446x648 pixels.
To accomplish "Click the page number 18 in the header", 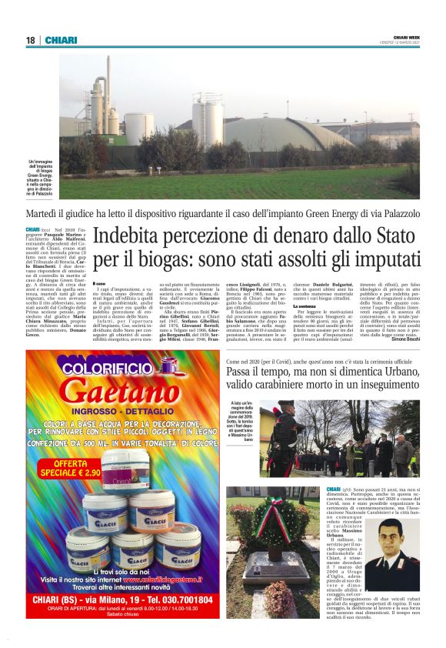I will [x=31, y=40].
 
